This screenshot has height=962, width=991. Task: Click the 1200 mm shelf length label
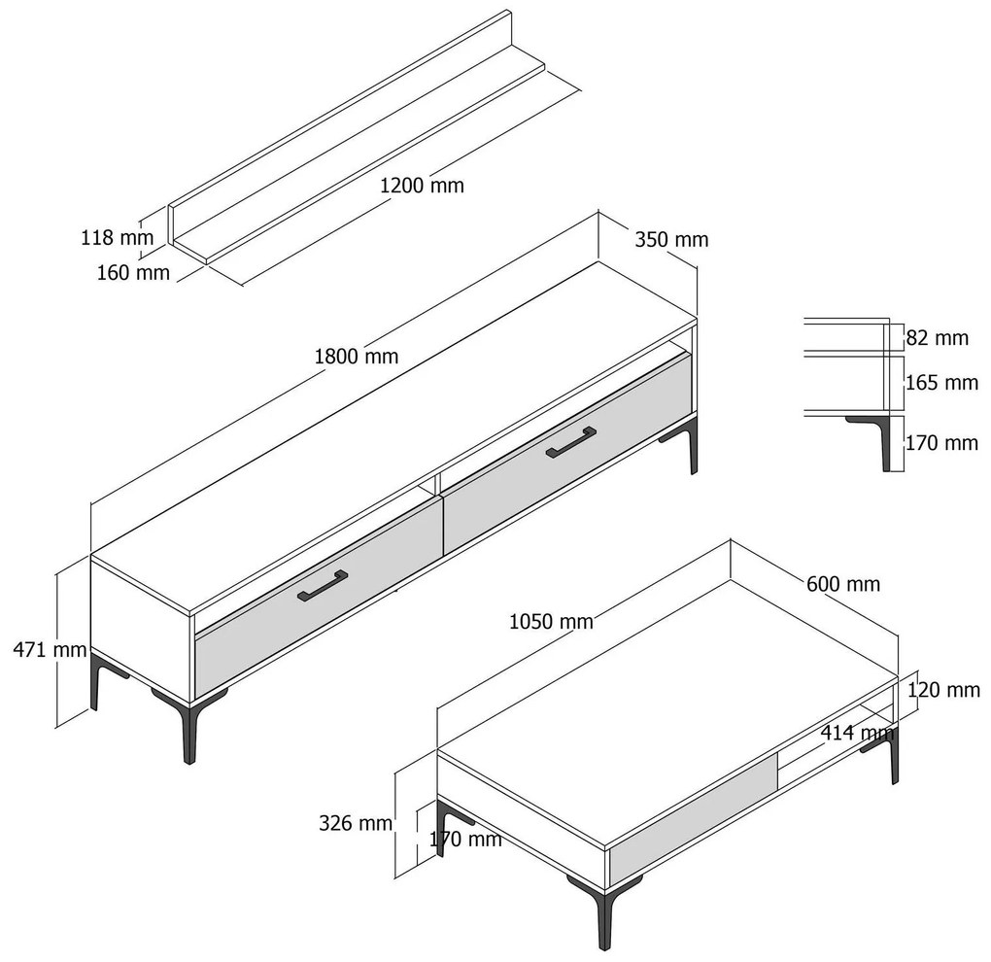click(x=422, y=186)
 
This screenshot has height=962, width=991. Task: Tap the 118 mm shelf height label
click(x=117, y=238)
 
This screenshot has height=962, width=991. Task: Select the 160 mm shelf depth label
click(x=133, y=272)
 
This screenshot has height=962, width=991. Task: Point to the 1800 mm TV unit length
click(x=357, y=357)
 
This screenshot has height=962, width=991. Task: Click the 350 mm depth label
click(x=671, y=240)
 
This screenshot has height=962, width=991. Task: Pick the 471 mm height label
click(x=50, y=649)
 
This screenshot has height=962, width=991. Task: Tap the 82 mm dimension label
click(x=938, y=338)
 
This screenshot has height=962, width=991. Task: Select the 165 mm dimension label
click(x=941, y=383)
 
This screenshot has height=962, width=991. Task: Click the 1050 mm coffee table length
click(x=551, y=622)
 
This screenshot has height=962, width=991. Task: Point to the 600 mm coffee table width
click(x=843, y=584)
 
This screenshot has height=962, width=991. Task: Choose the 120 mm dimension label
click(x=943, y=690)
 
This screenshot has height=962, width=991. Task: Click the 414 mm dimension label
click(x=857, y=734)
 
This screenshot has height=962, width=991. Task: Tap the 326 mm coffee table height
click(x=356, y=823)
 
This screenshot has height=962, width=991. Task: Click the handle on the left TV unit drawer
click(x=323, y=586)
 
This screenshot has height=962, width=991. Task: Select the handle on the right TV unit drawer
click(x=570, y=442)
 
